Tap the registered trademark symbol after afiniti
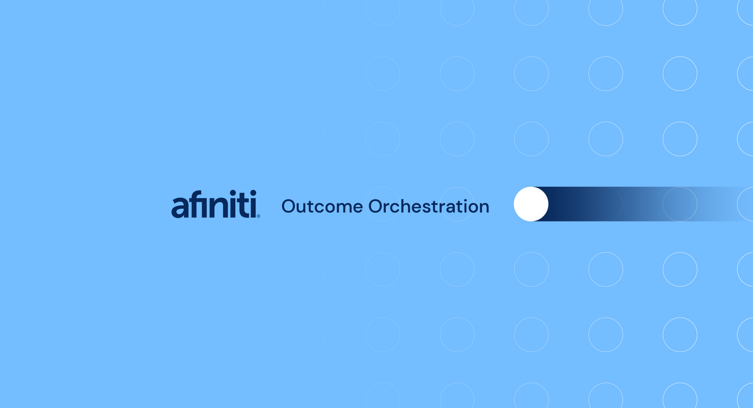pos(259,216)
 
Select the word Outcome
pos(322,206)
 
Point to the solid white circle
pos(531,204)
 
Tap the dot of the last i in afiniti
pos(253,193)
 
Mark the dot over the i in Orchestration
pos(465,200)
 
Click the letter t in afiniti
pos(243,206)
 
